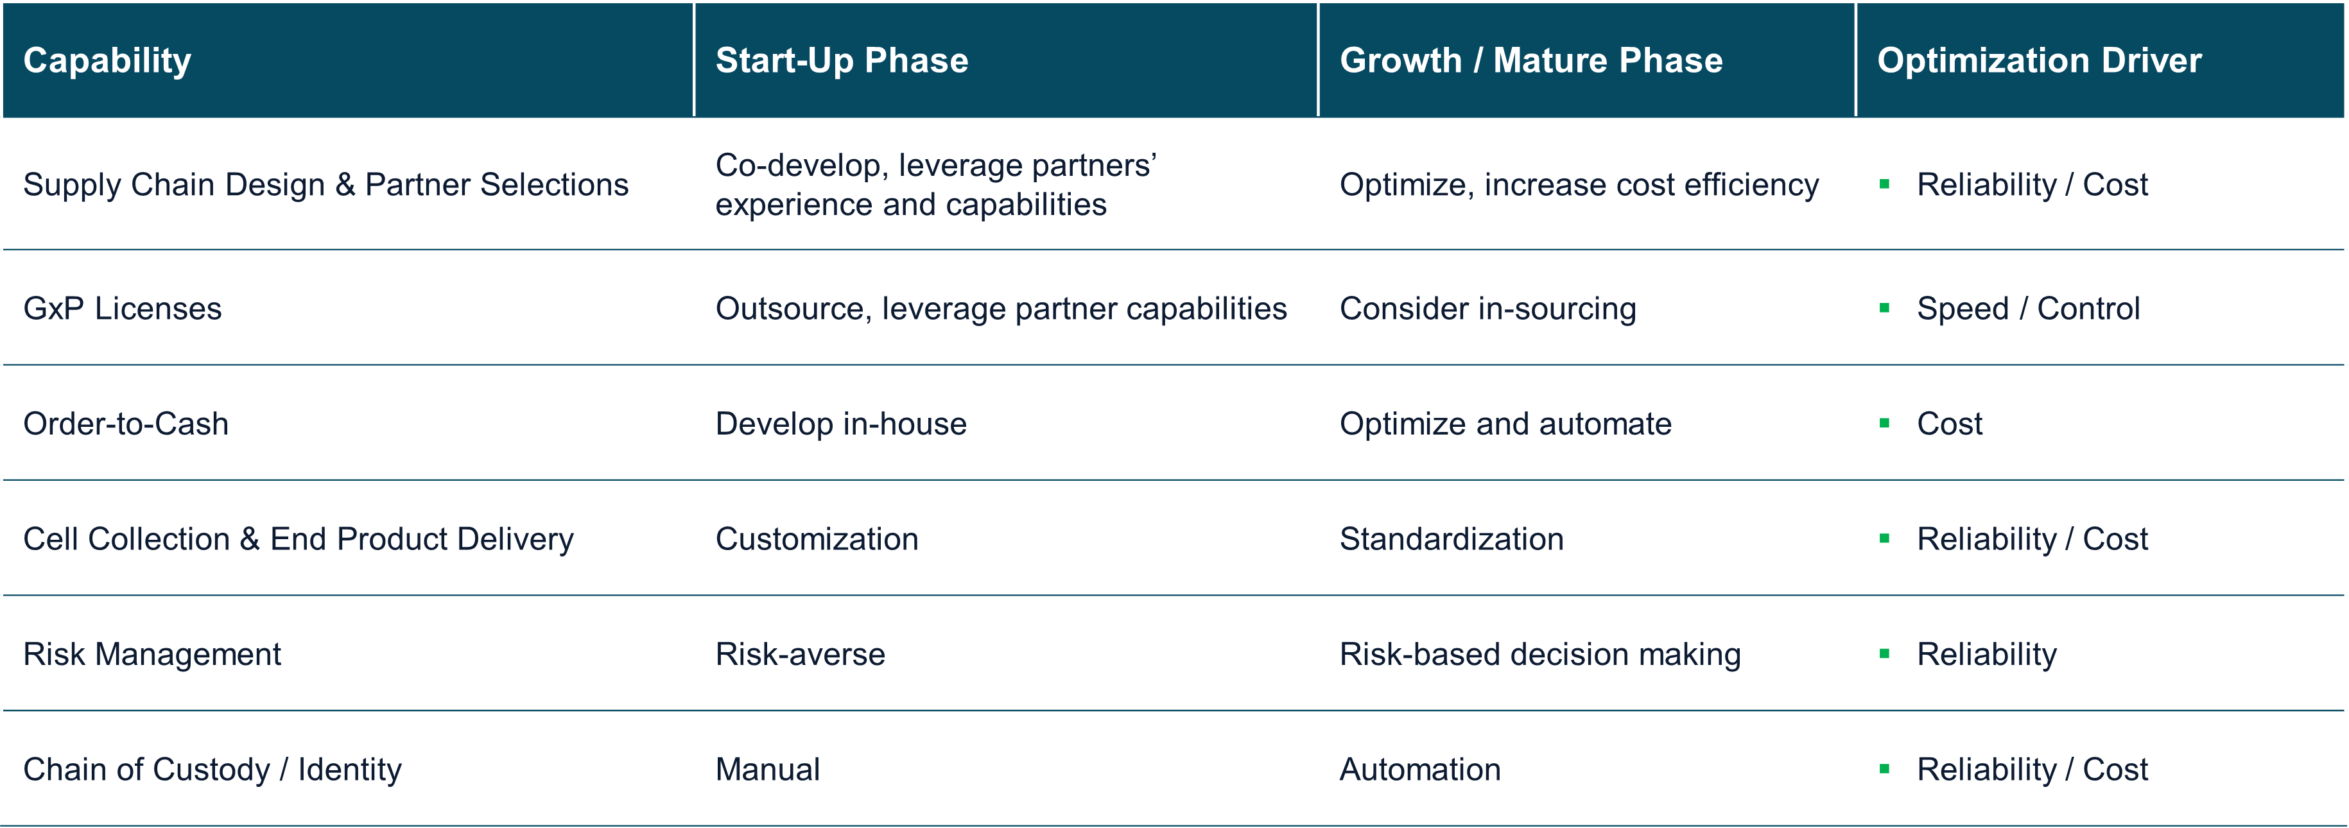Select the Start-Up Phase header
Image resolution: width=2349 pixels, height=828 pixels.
coord(842,60)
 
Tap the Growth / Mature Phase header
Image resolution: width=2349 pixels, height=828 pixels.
coord(1531,60)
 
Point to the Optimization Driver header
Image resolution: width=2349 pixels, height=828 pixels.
coord(2039,60)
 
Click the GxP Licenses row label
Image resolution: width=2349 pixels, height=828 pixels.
coord(122,308)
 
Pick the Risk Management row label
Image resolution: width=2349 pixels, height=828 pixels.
coord(152,655)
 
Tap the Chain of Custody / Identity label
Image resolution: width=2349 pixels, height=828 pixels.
coord(212,770)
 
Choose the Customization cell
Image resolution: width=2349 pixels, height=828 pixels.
coord(817,539)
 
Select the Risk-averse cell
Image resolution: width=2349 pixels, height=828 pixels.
coord(801,654)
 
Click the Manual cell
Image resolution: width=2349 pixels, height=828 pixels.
coord(768,770)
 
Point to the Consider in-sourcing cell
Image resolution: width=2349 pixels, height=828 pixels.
coord(1488,308)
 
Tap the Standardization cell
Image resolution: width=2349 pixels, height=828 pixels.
coord(1452,539)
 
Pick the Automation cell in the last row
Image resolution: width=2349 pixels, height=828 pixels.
coord(1420,770)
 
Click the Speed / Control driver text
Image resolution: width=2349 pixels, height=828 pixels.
coord(2028,308)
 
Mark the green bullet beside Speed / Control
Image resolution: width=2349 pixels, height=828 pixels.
coord(1884,308)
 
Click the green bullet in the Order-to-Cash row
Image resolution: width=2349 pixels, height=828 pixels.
coord(1884,423)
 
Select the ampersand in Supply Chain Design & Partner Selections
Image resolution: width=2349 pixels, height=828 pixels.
coord(345,184)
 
